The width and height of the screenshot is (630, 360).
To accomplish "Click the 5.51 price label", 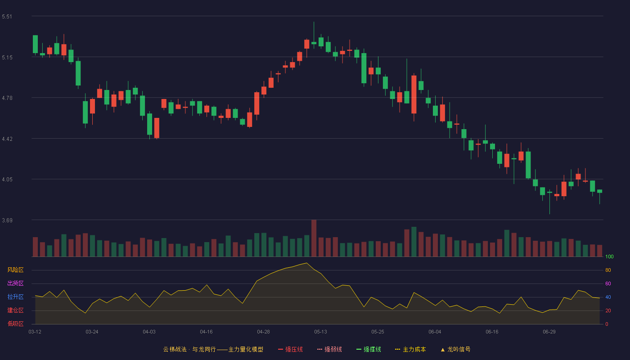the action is click(7, 17).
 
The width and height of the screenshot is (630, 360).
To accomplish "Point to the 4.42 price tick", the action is click(7, 139).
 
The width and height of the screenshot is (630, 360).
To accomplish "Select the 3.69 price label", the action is click(7, 220).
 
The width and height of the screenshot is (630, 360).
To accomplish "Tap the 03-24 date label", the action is click(92, 332).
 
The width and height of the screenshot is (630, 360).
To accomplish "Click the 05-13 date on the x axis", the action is click(320, 332).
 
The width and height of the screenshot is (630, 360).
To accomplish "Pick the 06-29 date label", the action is click(549, 332).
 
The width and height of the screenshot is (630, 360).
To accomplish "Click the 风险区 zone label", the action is click(15, 270).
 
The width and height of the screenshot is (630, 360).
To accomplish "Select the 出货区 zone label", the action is click(15, 283).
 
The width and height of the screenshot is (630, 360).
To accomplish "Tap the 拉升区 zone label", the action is click(15, 297).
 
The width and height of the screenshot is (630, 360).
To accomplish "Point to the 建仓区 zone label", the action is click(15, 310).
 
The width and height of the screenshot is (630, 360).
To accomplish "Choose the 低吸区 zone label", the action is click(15, 324).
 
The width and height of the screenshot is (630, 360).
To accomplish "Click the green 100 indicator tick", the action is click(609, 256).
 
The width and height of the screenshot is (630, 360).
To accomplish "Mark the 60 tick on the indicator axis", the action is click(608, 283).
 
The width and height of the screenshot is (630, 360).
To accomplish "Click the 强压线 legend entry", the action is click(290, 349).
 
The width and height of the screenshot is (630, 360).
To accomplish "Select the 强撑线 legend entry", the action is click(369, 349).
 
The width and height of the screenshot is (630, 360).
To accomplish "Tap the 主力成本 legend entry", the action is click(410, 349).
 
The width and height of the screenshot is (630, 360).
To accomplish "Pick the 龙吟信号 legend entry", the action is click(455, 349).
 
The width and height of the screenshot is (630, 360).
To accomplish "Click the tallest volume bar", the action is click(314, 238).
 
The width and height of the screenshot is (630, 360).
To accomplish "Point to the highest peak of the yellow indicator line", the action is click(306, 263).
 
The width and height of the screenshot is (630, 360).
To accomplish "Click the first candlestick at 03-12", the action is click(35, 44).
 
